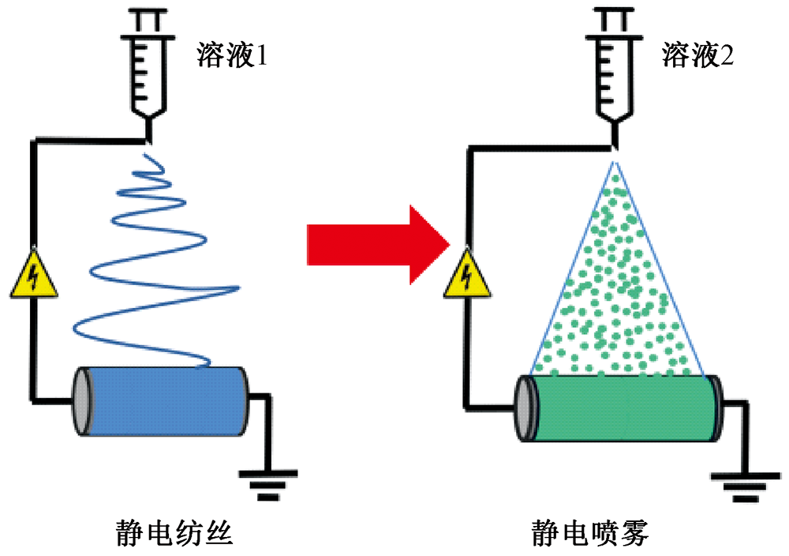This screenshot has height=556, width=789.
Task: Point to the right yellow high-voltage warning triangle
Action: [466, 276]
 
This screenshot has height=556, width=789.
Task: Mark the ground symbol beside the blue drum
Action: [268, 483]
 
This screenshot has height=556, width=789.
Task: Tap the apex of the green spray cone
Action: [615, 161]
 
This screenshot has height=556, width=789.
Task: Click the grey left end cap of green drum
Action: [524, 409]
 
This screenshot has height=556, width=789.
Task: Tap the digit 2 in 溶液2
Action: [725, 56]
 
